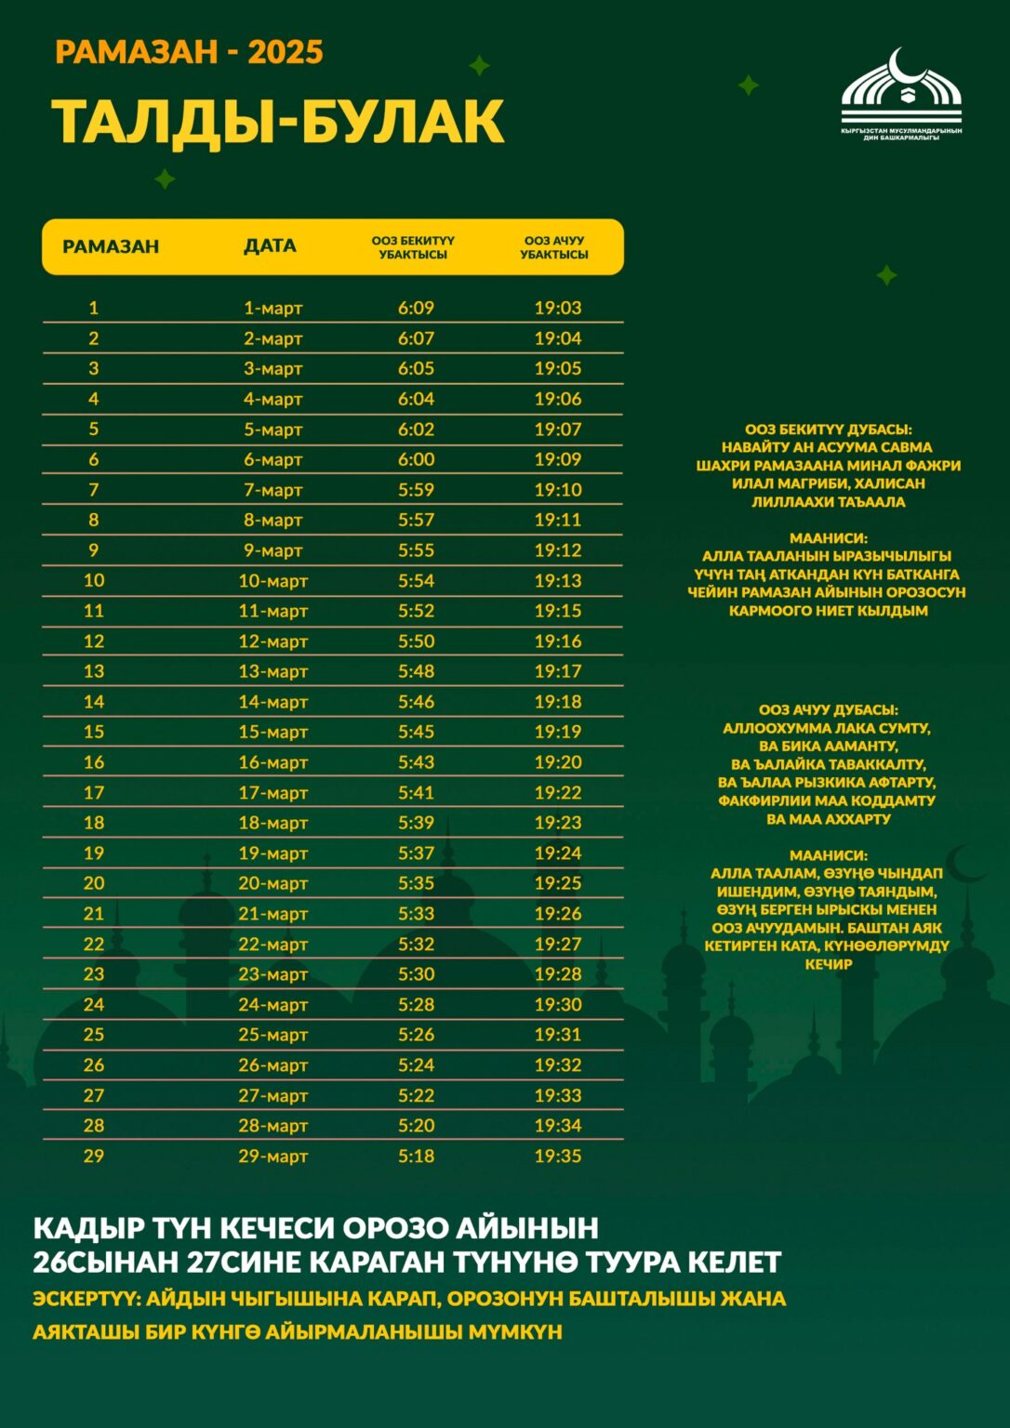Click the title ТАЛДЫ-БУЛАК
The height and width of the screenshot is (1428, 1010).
pos(277,121)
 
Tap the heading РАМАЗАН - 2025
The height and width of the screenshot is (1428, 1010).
pos(189,52)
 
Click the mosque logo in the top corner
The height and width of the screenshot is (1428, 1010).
pos(901,93)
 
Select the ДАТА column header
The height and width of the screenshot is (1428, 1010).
pos(270,246)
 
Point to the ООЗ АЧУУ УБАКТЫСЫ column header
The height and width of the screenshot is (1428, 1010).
pos(554,247)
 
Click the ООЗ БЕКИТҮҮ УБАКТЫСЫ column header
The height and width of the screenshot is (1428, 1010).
pos(413,247)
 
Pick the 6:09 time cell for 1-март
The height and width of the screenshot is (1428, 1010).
pos(416,308)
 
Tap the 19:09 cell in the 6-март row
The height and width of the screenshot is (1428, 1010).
pos(557,459)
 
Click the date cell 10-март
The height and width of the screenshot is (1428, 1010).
pos(272,581)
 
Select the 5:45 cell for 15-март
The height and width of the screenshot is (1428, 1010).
pos(416,732)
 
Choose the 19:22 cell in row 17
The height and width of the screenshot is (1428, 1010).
pos(557,792)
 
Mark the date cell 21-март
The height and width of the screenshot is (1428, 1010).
pos(272,914)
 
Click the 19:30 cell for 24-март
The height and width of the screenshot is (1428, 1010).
pos(557,1004)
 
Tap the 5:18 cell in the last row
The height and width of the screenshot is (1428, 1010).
pos(416,1156)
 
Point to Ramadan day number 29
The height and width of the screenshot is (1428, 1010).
pos(94,1156)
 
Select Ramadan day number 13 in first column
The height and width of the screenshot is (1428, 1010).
pos(94,671)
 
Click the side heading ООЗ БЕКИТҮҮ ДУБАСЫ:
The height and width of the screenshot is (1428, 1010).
pos(828,430)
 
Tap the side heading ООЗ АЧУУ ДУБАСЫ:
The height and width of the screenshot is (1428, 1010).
pos(828,710)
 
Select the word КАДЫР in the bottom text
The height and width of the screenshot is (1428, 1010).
pos(80,1228)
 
